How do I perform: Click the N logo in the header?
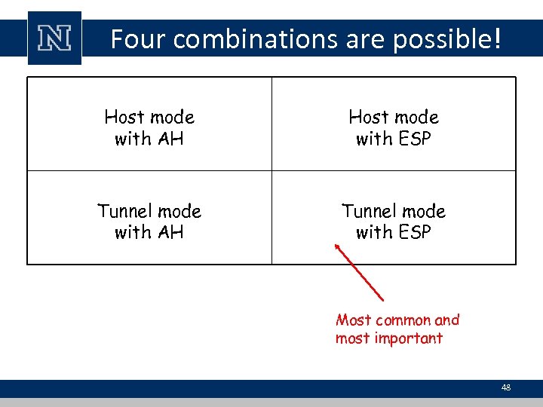54,38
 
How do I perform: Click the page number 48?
505,387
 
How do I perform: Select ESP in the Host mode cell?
414,139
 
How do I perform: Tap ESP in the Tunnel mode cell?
414,232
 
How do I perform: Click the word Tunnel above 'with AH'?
122,211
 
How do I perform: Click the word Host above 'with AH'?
124,117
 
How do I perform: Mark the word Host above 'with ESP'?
368,117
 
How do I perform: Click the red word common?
402,320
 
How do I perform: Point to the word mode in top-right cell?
416,117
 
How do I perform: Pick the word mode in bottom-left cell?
180,211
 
